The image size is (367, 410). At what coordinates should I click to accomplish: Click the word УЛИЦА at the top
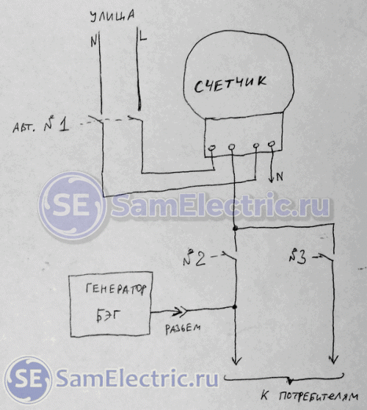point(112,16)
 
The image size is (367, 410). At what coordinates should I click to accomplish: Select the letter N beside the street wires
point(93,41)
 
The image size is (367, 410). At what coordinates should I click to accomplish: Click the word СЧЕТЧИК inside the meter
point(230,84)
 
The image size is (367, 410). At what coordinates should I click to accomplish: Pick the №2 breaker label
point(195,258)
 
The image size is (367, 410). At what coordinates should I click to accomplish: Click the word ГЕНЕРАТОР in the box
point(116,289)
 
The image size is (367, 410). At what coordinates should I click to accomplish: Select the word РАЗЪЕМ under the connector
point(183,328)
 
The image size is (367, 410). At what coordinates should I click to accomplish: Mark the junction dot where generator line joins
point(235,306)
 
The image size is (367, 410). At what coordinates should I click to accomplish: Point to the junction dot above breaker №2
point(235,229)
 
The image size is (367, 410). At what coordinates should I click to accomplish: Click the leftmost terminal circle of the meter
point(211,148)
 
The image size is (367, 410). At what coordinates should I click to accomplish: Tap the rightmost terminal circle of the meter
point(272,143)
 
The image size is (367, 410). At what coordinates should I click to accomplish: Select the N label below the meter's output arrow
point(280,177)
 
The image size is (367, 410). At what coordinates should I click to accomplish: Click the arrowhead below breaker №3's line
point(333,359)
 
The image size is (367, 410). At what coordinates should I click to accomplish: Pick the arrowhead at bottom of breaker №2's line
point(236,360)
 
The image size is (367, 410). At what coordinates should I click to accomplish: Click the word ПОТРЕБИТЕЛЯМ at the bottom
point(319,397)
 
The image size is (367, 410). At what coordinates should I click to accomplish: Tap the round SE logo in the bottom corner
point(28,380)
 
